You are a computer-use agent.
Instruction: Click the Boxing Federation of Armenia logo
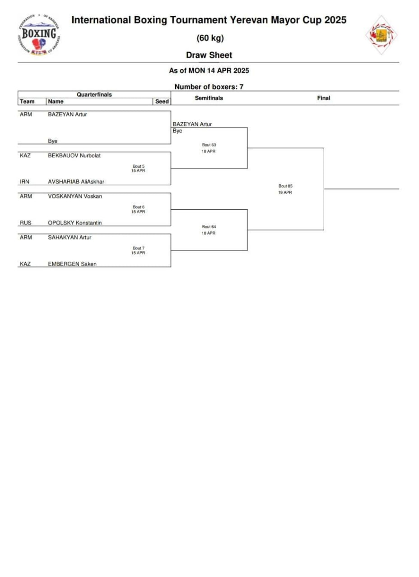point(39,35)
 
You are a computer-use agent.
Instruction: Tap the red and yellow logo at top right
point(381,35)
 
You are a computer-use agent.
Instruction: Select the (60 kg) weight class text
point(210,38)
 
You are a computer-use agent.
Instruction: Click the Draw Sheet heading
point(209,55)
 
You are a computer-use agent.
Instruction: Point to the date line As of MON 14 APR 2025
point(209,71)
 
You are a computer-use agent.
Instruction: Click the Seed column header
point(162,102)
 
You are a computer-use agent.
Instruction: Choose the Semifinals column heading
point(209,98)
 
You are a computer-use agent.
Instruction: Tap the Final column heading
point(323,98)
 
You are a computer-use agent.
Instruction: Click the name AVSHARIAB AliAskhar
point(76,182)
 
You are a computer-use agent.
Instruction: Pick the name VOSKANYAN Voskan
point(75,197)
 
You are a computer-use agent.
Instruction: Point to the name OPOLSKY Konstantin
point(74,223)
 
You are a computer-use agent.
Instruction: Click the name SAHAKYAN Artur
point(70,238)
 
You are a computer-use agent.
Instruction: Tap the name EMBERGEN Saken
point(72,264)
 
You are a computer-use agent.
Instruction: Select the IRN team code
point(25,182)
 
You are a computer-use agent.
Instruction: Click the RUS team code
point(25,223)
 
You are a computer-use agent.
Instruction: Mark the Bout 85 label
point(285,186)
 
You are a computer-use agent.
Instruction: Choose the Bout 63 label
point(209,145)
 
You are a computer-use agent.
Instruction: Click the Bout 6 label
point(139,207)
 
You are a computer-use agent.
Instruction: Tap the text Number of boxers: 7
point(209,87)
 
